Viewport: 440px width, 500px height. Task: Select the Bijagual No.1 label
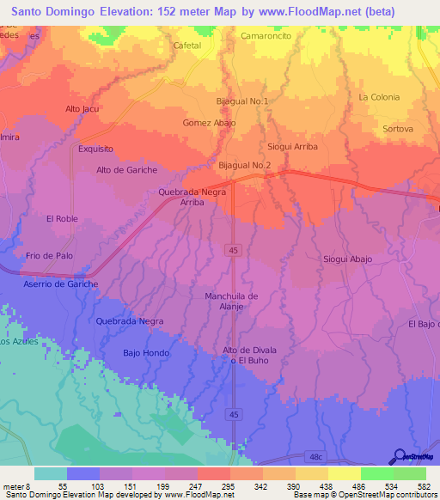242,101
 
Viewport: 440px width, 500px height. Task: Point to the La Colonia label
379,97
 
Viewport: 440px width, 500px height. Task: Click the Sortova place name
397,129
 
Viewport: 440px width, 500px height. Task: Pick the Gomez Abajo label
209,123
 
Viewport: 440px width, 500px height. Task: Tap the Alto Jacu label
83,109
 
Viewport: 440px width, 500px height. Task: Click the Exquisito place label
95,149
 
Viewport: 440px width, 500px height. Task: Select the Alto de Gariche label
126,170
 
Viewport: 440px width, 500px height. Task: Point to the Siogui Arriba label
292,147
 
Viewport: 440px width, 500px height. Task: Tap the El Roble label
62,219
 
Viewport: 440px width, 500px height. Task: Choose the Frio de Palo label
49,256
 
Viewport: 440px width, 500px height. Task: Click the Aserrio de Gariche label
60,284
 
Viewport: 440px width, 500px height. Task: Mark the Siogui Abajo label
347,258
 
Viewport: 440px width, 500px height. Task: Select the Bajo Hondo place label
146,353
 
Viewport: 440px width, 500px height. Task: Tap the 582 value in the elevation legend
424,485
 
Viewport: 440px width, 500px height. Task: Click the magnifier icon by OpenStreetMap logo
399,456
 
